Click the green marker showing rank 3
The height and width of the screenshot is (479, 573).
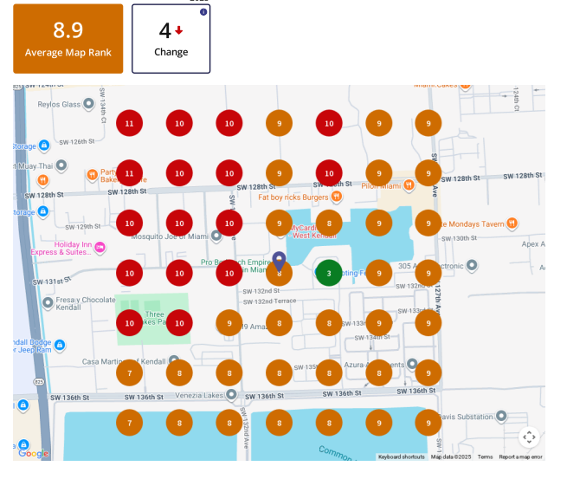(329, 273)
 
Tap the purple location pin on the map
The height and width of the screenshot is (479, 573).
(279, 260)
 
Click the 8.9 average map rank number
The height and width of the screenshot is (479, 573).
(68, 30)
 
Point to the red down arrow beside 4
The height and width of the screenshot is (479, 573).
(179, 30)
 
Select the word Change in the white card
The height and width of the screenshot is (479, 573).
(171, 52)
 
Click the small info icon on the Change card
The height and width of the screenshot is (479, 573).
(203, 12)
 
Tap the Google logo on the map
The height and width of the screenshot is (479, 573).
(33, 453)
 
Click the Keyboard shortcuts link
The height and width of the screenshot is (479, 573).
(402, 456)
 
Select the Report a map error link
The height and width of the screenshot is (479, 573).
(520, 456)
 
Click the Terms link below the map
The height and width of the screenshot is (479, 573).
(485, 456)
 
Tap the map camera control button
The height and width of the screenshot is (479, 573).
(529, 437)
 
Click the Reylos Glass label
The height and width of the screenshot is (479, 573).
(59, 105)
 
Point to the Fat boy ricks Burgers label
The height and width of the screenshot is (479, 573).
(293, 197)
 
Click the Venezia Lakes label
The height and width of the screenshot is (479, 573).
(199, 392)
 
